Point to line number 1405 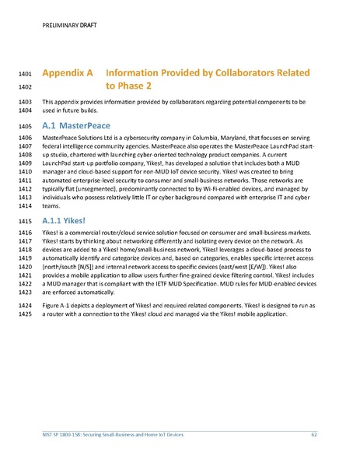pyautogui.click(x=24, y=125)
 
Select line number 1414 pyautogui.click(x=24, y=206)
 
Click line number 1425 pyautogui.click(x=24, y=324)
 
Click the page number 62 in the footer pyautogui.click(x=313, y=433)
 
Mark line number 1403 pyautogui.click(x=24, y=102)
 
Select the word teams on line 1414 pyautogui.click(x=51, y=206)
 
